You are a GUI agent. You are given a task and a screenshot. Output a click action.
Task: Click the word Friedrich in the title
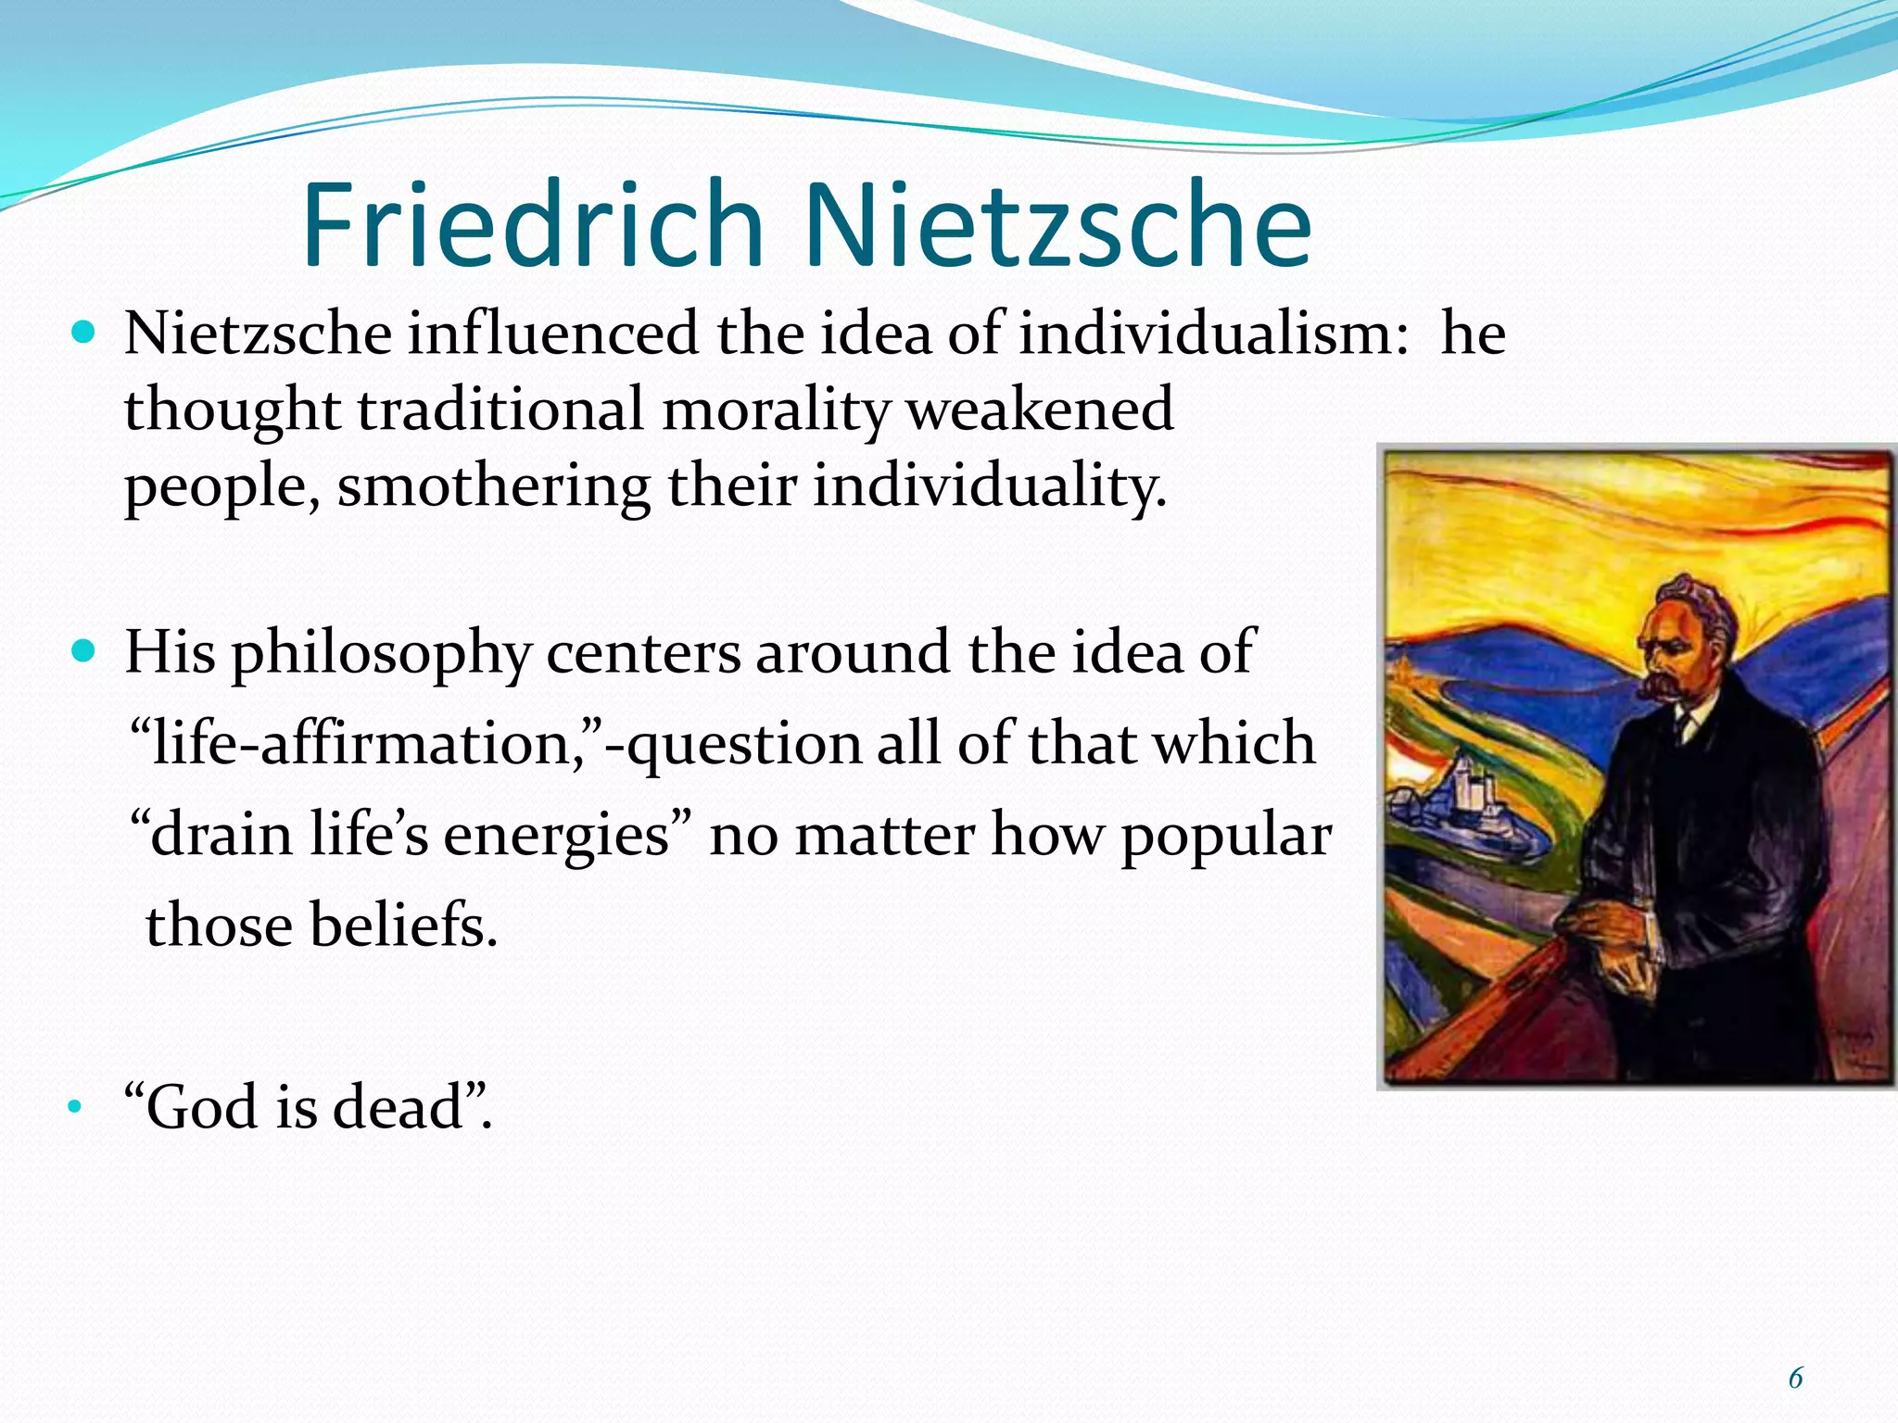(532, 224)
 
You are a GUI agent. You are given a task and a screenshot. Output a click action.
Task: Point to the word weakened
(1039, 409)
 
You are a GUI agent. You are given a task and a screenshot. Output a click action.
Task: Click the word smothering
(493, 486)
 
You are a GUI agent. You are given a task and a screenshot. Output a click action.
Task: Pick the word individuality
(989, 486)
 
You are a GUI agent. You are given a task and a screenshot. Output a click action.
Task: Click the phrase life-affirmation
(367, 743)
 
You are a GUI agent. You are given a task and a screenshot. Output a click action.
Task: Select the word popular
(1226, 836)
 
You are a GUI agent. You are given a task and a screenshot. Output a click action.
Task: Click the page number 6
(1795, 1379)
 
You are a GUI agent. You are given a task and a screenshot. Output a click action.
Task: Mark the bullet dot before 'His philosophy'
(83, 651)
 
